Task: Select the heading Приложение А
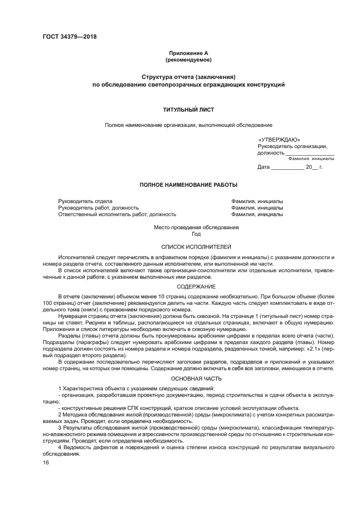coord(188,53)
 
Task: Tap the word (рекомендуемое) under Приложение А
coord(188,59)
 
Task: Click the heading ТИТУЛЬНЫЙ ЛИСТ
coord(188,109)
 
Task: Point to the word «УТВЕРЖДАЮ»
coord(279,139)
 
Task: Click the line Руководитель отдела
coord(85,201)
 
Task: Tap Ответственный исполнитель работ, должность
coord(117,214)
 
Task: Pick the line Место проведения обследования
coord(188,227)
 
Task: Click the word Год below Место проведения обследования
coord(188,234)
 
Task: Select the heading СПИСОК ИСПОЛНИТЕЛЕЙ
coord(188,247)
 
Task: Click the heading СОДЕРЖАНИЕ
coord(188,286)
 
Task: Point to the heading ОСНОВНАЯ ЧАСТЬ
coord(188,377)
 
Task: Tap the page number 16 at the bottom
coord(46,462)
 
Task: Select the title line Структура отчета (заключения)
coord(188,77)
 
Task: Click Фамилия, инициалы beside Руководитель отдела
coord(257,201)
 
